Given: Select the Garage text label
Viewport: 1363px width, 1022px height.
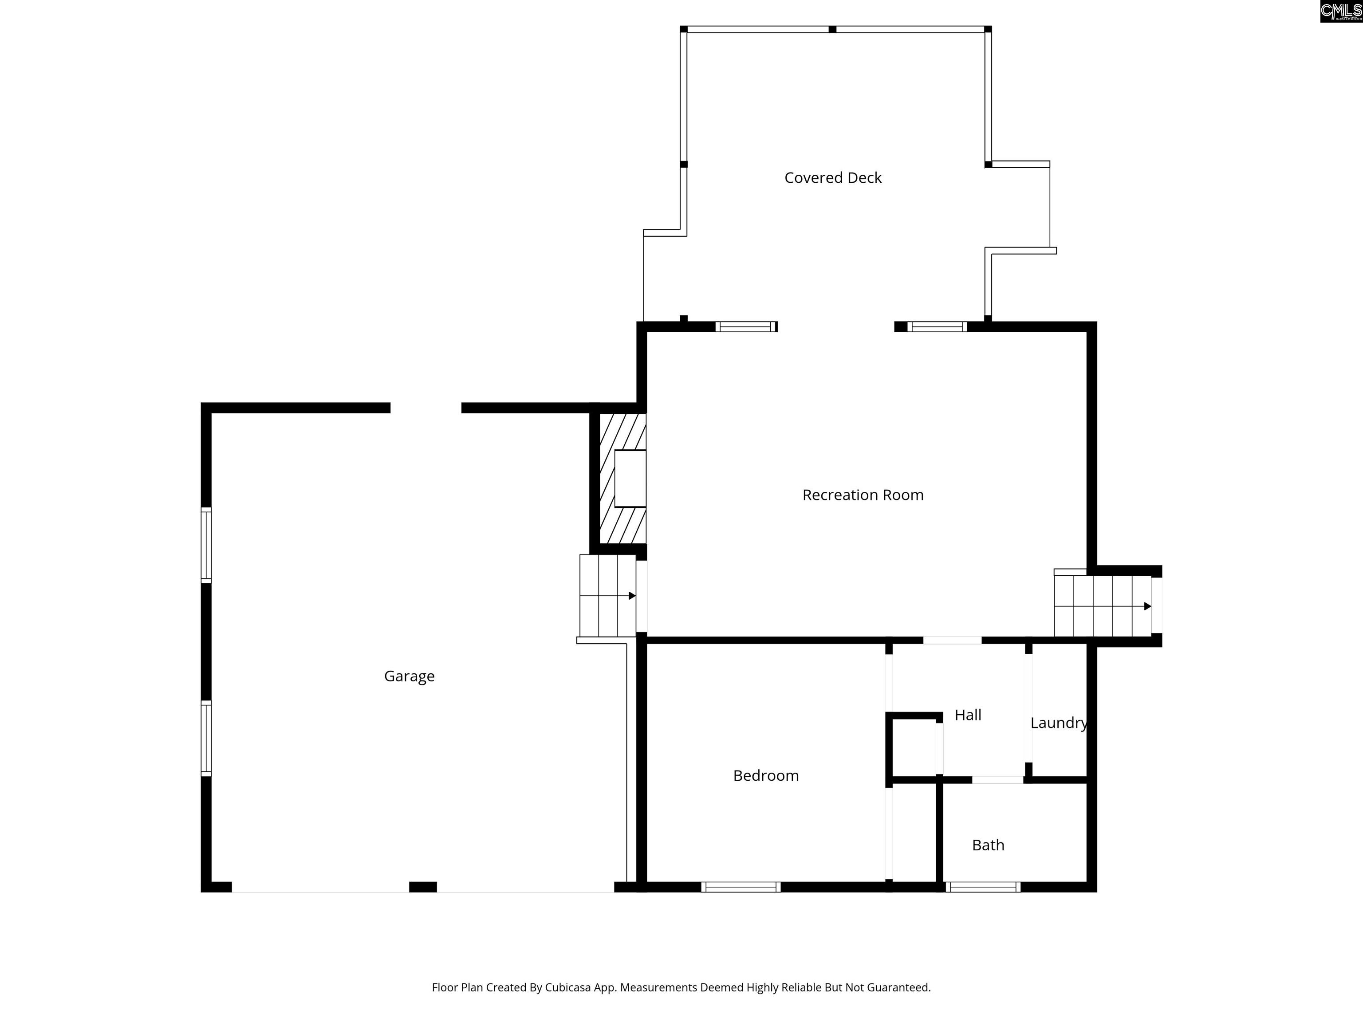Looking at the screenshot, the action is pyautogui.click(x=409, y=676).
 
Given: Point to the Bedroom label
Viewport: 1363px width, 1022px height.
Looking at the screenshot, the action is pyautogui.click(x=766, y=775).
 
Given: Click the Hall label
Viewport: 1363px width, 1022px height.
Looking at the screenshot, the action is pyautogui.click(x=968, y=715).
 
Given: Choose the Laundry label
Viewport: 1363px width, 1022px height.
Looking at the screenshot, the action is pyautogui.click(x=1059, y=723).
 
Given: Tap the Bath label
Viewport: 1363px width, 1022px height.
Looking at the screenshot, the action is pyautogui.click(x=989, y=845).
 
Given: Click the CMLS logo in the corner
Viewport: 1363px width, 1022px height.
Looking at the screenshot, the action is pyautogui.click(x=1341, y=11).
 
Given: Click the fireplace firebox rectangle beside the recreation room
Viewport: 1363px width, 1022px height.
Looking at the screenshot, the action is pyautogui.click(x=630, y=479).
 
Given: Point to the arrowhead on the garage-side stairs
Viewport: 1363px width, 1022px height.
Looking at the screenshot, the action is pyautogui.click(x=632, y=596).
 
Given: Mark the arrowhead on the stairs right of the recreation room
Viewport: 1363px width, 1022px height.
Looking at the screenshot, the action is pyautogui.click(x=1147, y=606).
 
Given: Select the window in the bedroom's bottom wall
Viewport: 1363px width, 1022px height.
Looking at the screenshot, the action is pyautogui.click(x=741, y=887).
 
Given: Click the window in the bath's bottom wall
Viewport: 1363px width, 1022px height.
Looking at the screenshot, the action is pyautogui.click(x=983, y=887).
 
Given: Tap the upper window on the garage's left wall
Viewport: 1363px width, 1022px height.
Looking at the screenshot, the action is pyautogui.click(x=206, y=545).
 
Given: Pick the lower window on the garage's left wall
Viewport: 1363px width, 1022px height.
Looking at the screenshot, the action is pyautogui.click(x=206, y=739).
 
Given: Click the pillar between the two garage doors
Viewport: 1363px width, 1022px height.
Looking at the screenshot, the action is pyautogui.click(x=423, y=887).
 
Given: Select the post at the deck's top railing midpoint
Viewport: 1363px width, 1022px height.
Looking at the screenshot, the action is pyautogui.click(x=832, y=29).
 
